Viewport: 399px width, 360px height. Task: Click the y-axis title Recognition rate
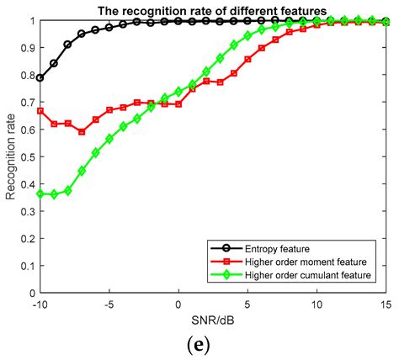(11, 157)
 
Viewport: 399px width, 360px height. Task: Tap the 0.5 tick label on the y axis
(26, 157)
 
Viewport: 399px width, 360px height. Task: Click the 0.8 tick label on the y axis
(26, 76)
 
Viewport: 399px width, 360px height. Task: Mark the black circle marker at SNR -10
(40, 77)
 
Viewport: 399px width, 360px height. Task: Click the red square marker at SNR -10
(40, 111)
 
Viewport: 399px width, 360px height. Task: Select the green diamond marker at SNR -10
(40, 193)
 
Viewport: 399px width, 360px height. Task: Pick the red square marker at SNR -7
(82, 132)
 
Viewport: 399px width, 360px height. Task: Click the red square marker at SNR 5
(247, 60)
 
